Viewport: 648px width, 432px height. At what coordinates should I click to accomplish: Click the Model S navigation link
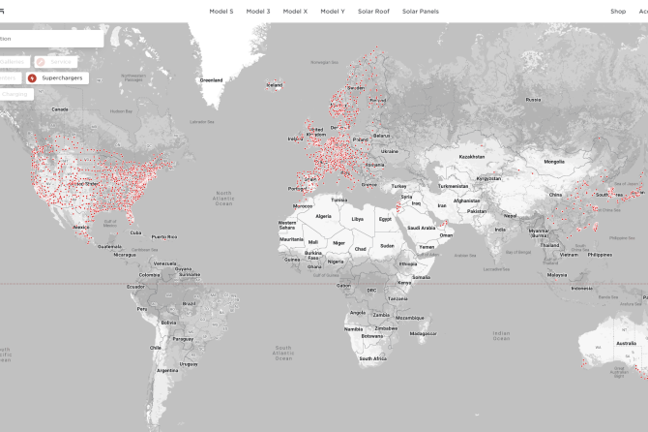click(x=221, y=11)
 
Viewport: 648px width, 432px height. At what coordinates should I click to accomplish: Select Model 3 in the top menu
click(x=258, y=11)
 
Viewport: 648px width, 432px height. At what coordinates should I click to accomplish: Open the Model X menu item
click(x=295, y=11)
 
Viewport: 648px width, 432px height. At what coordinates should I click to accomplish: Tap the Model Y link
click(x=333, y=11)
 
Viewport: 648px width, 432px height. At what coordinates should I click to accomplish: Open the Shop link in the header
click(x=618, y=11)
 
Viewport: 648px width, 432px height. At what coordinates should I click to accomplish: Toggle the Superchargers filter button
click(x=58, y=77)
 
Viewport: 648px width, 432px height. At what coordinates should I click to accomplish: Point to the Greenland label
click(x=211, y=79)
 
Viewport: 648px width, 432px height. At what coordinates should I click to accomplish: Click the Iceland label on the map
click(x=275, y=85)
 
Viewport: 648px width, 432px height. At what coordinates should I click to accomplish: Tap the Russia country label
click(x=533, y=99)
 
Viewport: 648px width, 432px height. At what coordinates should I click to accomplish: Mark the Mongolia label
click(x=554, y=162)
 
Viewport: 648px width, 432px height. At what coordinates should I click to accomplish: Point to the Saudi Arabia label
click(x=422, y=228)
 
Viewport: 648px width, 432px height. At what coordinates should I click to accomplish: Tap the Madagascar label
click(x=423, y=333)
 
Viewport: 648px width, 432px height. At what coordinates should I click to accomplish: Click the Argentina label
click(x=167, y=369)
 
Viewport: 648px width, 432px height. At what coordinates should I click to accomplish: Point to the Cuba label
click(x=136, y=232)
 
